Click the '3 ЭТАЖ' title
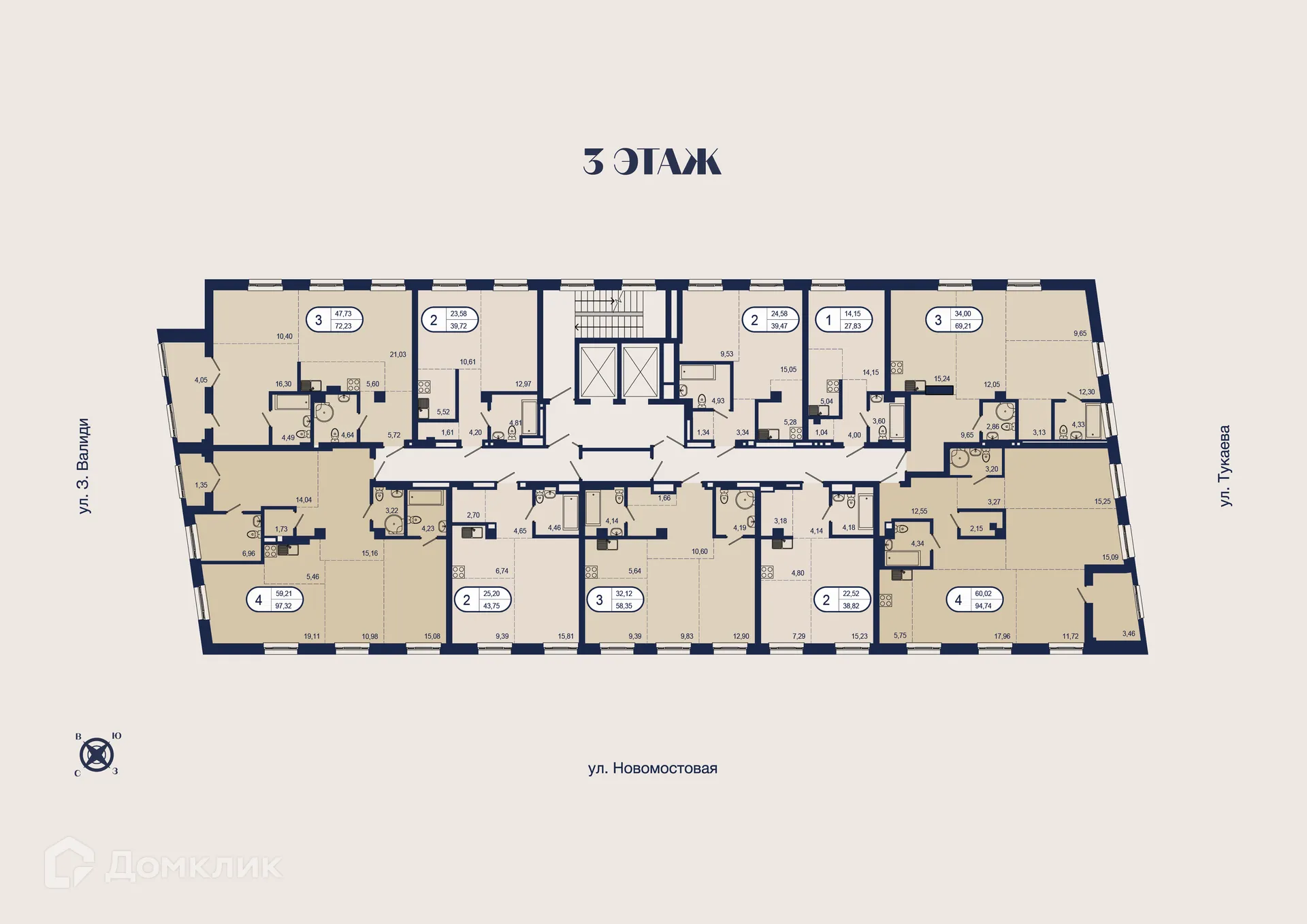651,162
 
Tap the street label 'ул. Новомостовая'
652,768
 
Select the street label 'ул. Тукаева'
1225,465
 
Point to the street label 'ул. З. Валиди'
83,465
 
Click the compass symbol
97,755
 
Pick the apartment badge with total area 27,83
843,320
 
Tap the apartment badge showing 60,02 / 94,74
974,599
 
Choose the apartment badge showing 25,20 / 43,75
482,599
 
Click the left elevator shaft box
598,372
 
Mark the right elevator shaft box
641,372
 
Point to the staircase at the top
609,313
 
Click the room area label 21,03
398,354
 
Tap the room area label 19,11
312,636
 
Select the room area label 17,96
1001,636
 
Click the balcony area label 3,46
1128,633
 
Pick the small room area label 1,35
201,485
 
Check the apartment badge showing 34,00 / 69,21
954,320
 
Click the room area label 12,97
523,384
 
